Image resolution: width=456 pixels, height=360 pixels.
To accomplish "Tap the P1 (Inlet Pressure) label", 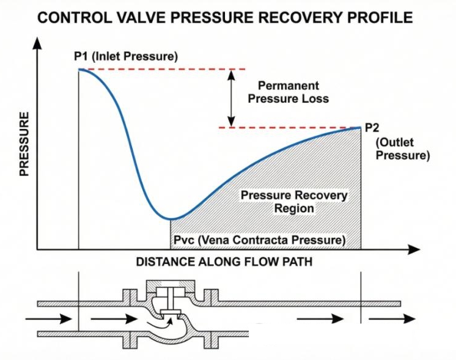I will pyautogui.click(x=125, y=57).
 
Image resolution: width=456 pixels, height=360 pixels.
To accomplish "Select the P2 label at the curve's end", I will pyautogui.click(x=372, y=128).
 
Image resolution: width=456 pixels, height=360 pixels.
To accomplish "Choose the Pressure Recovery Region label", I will pyautogui.click(x=294, y=202).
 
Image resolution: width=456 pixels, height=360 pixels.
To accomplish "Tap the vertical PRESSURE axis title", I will pyautogui.click(x=24, y=144).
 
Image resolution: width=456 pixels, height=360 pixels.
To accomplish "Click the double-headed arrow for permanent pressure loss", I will pyautogui.click(x=232, y=98).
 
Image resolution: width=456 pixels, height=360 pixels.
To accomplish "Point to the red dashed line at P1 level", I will pyautogui.click(x=165, y=69).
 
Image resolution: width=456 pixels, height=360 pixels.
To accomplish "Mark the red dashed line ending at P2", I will pyautogui.click(x=287, y=128).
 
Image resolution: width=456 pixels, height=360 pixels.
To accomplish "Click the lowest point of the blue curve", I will pyautogui.click(x=171, y=218).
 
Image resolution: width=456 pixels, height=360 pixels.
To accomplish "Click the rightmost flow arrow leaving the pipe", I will pyautogui.click(x=400, y=318).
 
